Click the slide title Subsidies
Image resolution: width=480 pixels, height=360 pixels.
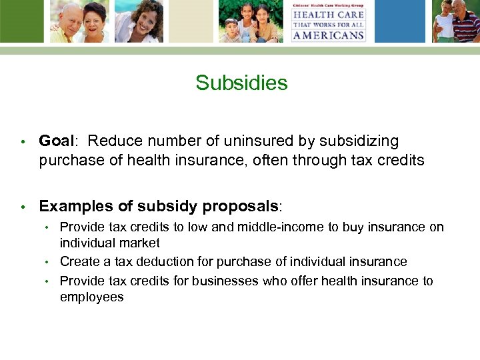pos(241,83)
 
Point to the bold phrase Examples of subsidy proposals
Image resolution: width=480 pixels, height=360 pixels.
pos(158,206)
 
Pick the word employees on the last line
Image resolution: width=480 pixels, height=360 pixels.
pos(91,297)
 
